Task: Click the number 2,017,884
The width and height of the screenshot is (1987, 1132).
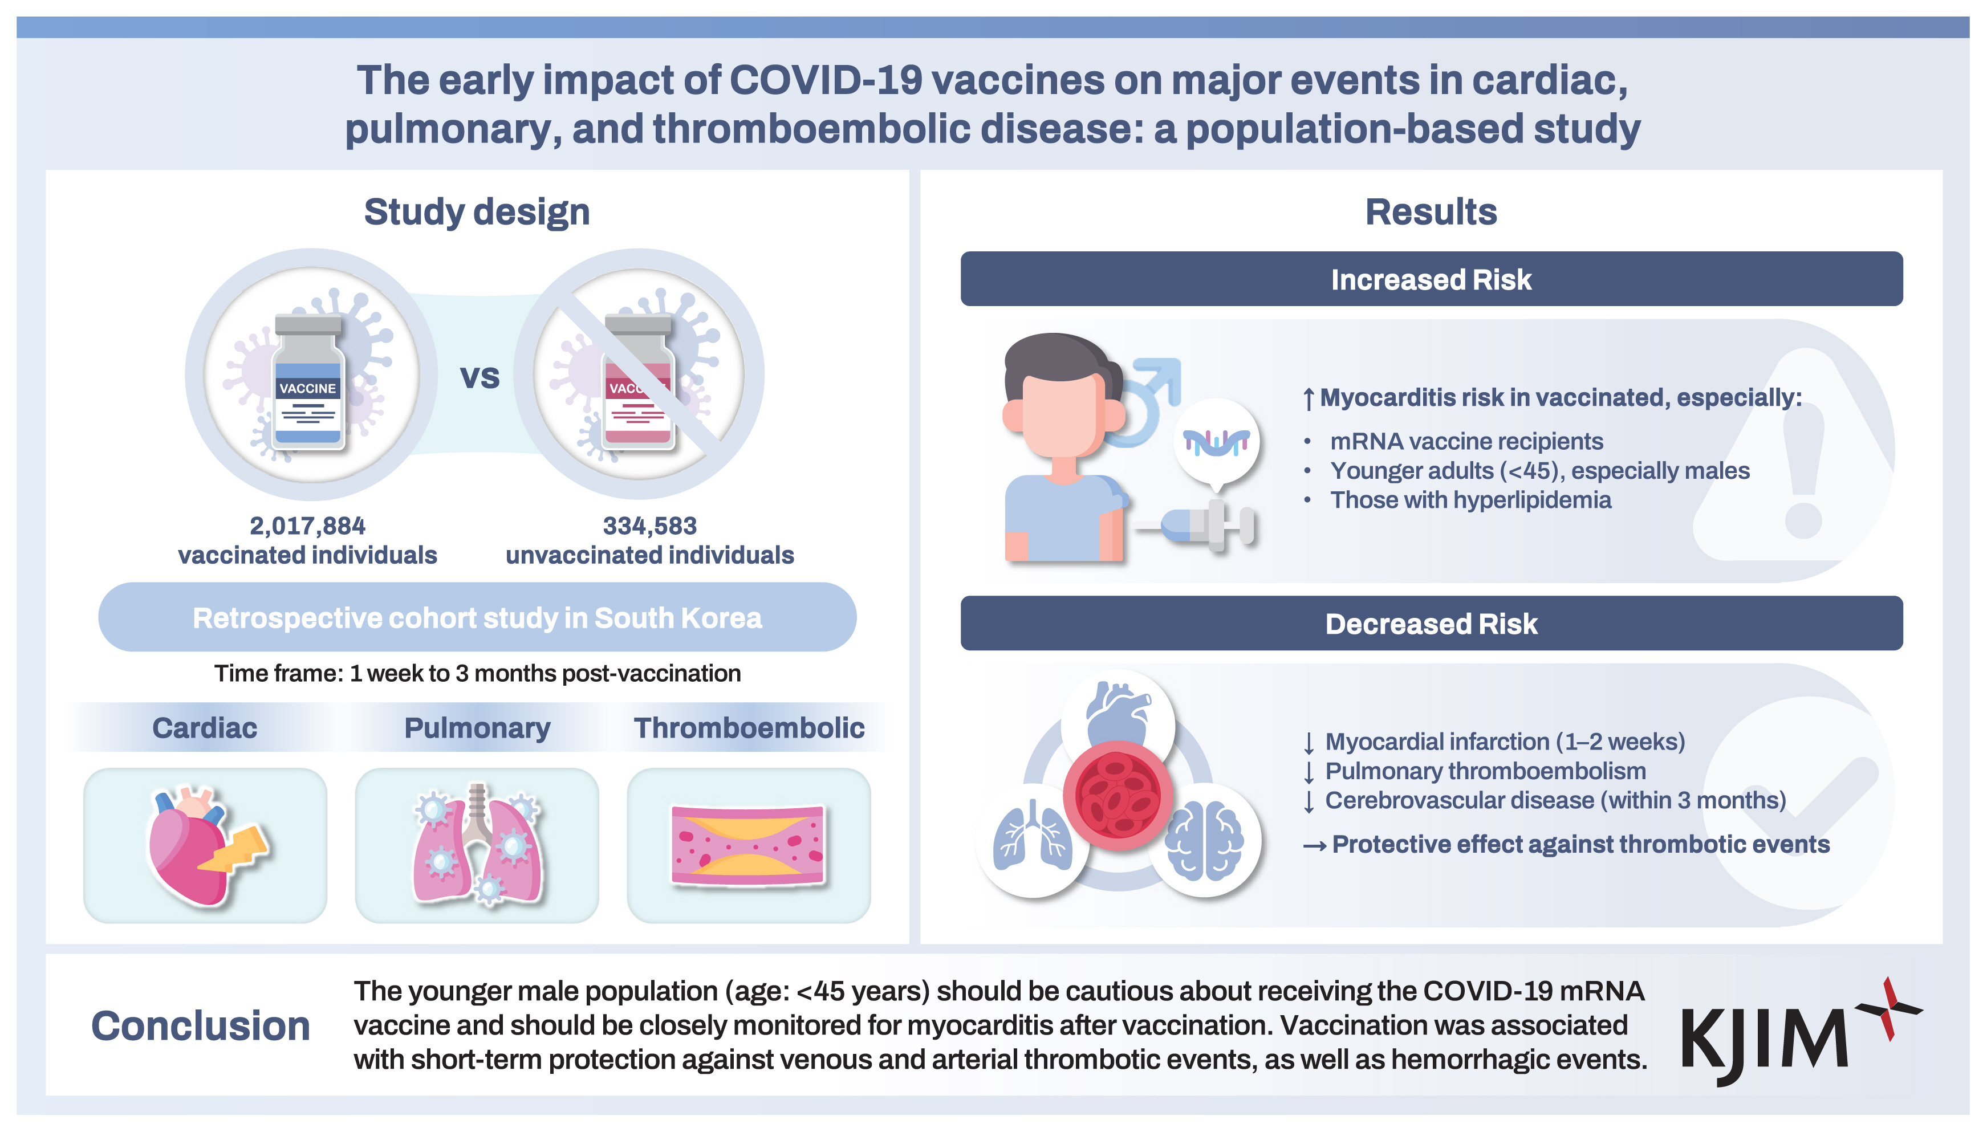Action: [x=307, y=526]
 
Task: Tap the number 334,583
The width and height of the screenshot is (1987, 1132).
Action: [x=649, y=526]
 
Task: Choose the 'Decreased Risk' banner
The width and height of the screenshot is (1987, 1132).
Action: [x=1431, y=623]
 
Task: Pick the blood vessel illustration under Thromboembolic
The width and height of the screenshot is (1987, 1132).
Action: [x=747, y=845]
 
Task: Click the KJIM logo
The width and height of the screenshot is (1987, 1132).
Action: [x=1801, y=1031]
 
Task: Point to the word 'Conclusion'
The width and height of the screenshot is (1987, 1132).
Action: [x=201, y=1025]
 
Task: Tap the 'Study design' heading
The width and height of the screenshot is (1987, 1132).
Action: [x=477, y=211]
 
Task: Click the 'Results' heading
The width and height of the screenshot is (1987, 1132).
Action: [x=1431, y=211]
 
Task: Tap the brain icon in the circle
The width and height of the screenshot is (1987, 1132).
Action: [x=1204, y=841]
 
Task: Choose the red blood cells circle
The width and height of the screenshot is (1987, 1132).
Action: [x=1118, y=795]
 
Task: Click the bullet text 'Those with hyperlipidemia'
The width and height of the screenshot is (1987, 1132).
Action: [x=1470, y=500]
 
